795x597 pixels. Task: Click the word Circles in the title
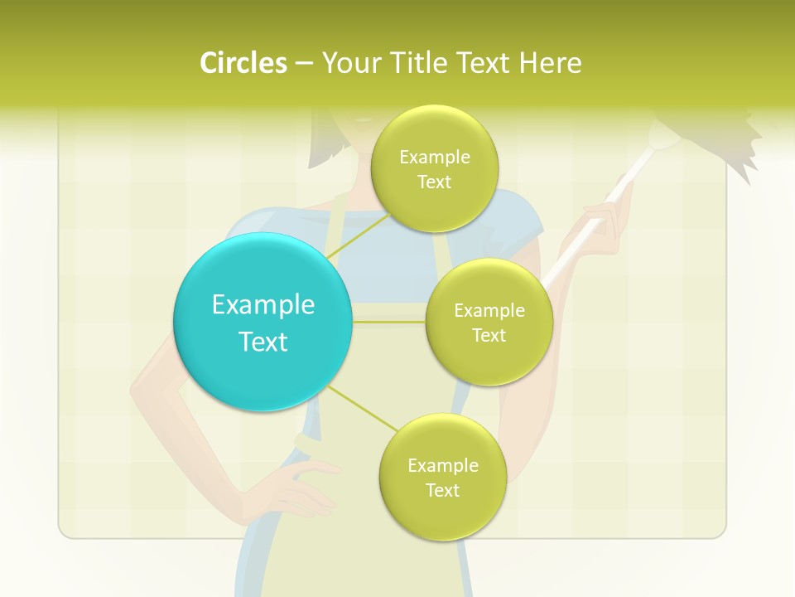pos(243,63)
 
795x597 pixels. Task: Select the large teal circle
pos(263,322)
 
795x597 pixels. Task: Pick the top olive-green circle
pos(435,168)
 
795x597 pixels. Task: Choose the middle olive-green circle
pos(489,322)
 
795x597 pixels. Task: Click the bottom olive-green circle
pos(443,477)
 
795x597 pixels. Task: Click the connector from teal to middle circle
pos(389,322)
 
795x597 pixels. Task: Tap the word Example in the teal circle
pos(263,304)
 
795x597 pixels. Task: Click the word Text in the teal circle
pos(263,342)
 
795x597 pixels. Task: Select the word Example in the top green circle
pos(435,157)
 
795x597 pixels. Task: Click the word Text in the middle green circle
pos(489,335)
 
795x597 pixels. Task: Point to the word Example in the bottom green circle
pos(443,465)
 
